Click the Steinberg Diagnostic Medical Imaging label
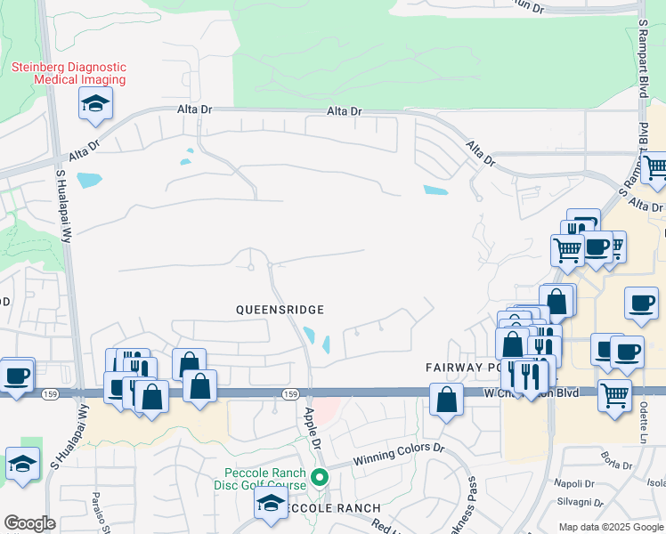pyautogui.click(x=68, y=73)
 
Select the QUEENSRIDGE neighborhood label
pyautogui.click(x=279, y=309)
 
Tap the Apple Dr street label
pyautogui.click(x=312, y=428)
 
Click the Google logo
pyautogui.click(x=29, y=523)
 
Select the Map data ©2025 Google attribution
pyautogui.click(x=610, y=527)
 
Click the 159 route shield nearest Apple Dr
pyautogui.click(x=289, y=393)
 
